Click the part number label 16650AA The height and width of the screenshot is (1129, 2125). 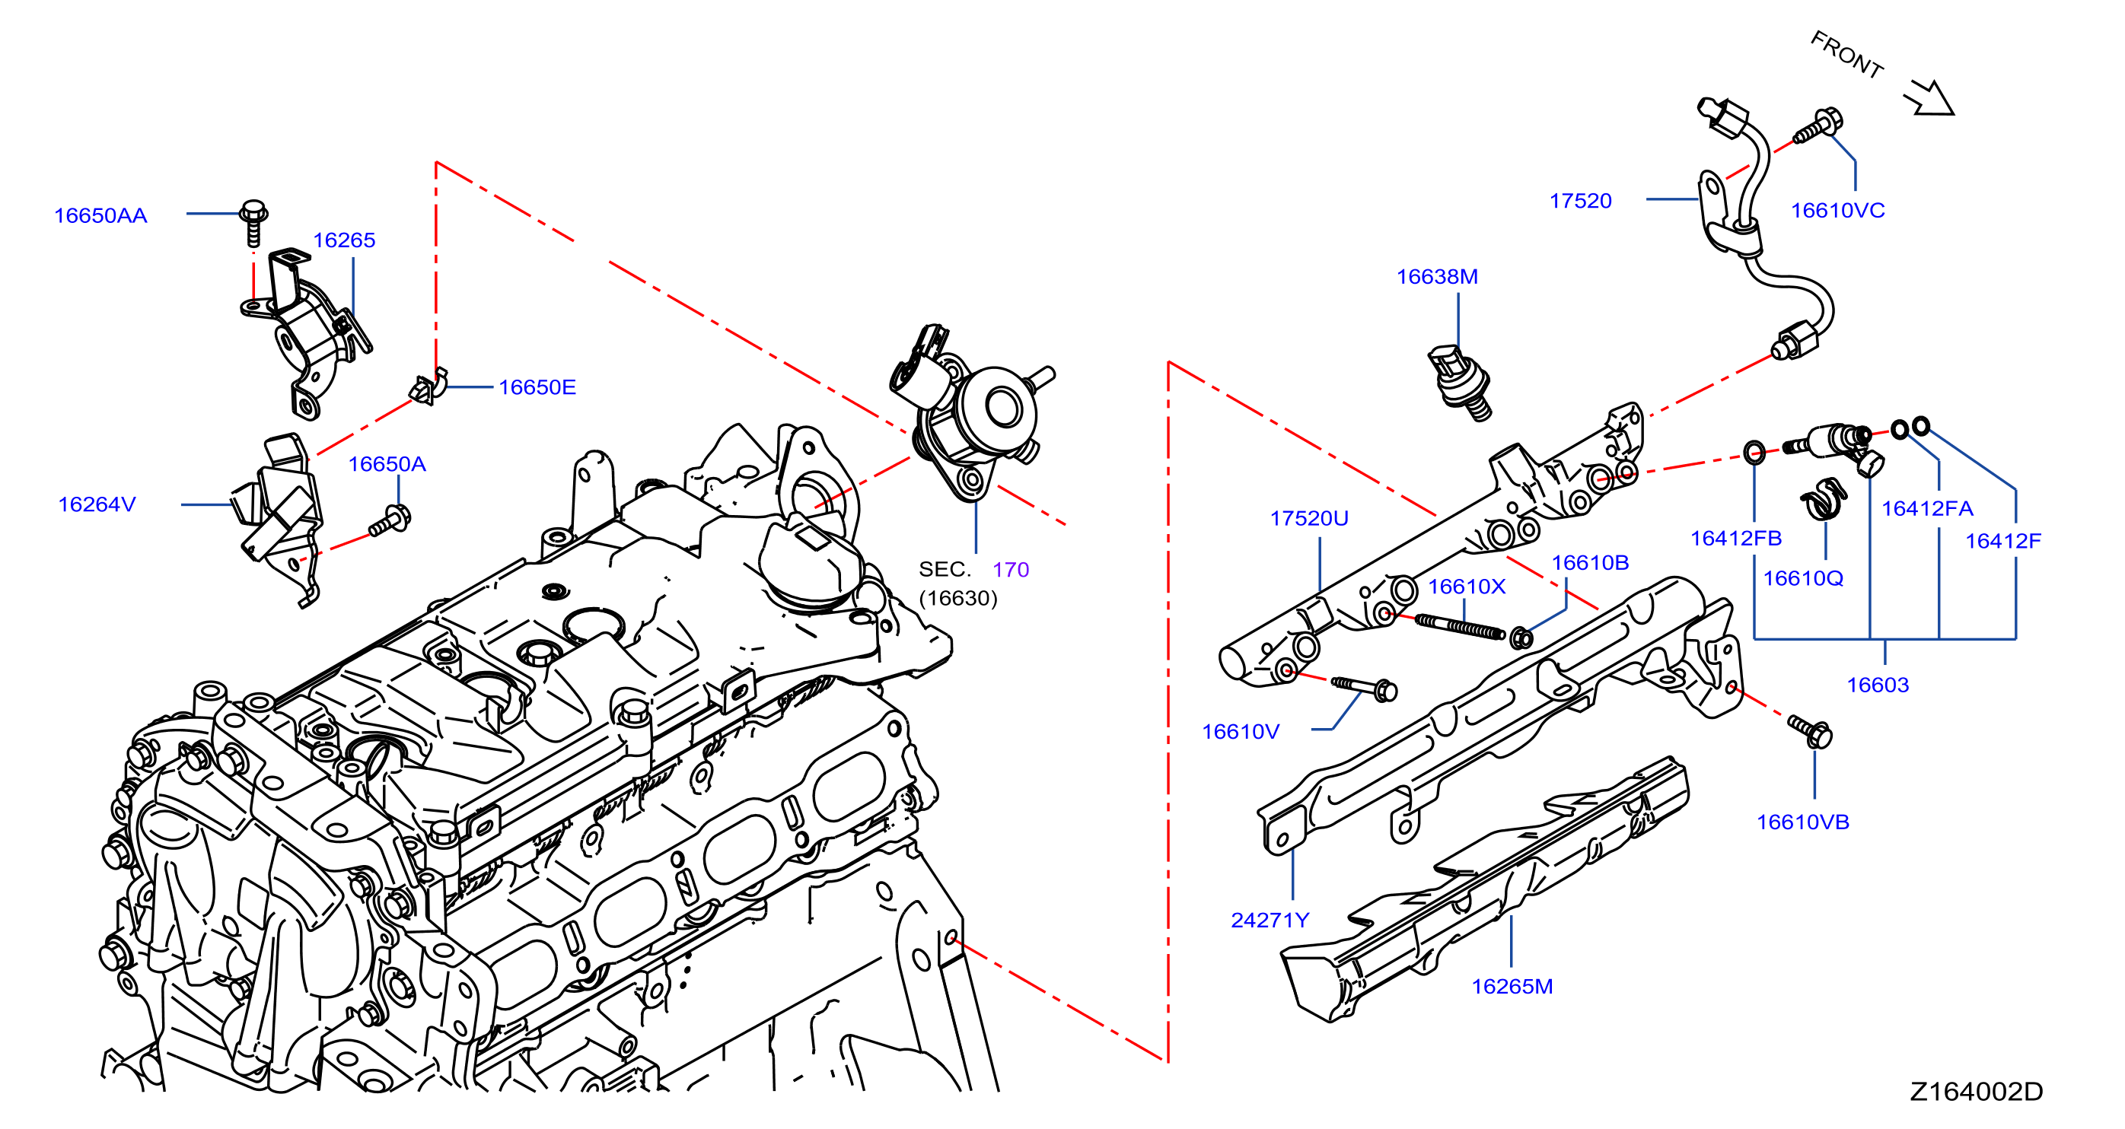click(100, 215)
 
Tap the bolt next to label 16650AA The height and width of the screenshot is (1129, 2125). click(253, 222)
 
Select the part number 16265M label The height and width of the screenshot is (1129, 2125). click(1512, 986)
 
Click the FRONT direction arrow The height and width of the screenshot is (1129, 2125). click(1929, 98)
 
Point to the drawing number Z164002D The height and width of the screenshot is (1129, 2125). click(1977, 1091)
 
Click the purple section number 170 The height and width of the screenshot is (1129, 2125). click(1011, 570)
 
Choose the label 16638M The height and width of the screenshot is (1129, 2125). click(1437, 276)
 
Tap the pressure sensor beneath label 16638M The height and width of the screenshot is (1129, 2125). click(1459, 383)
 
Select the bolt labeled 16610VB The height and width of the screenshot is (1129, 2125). click(1811, 730)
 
